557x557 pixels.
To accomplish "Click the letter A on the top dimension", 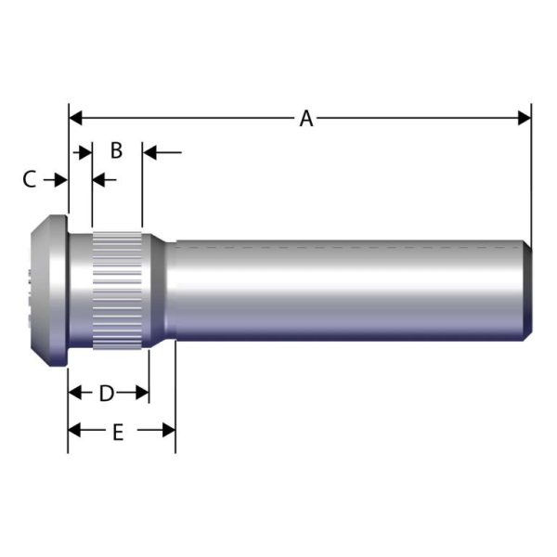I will [306, 118].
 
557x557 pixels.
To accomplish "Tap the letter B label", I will [116, 150].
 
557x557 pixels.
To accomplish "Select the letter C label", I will [29, 179].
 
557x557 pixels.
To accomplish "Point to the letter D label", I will [107, 393].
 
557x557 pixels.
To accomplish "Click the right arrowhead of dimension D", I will [142, 393].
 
